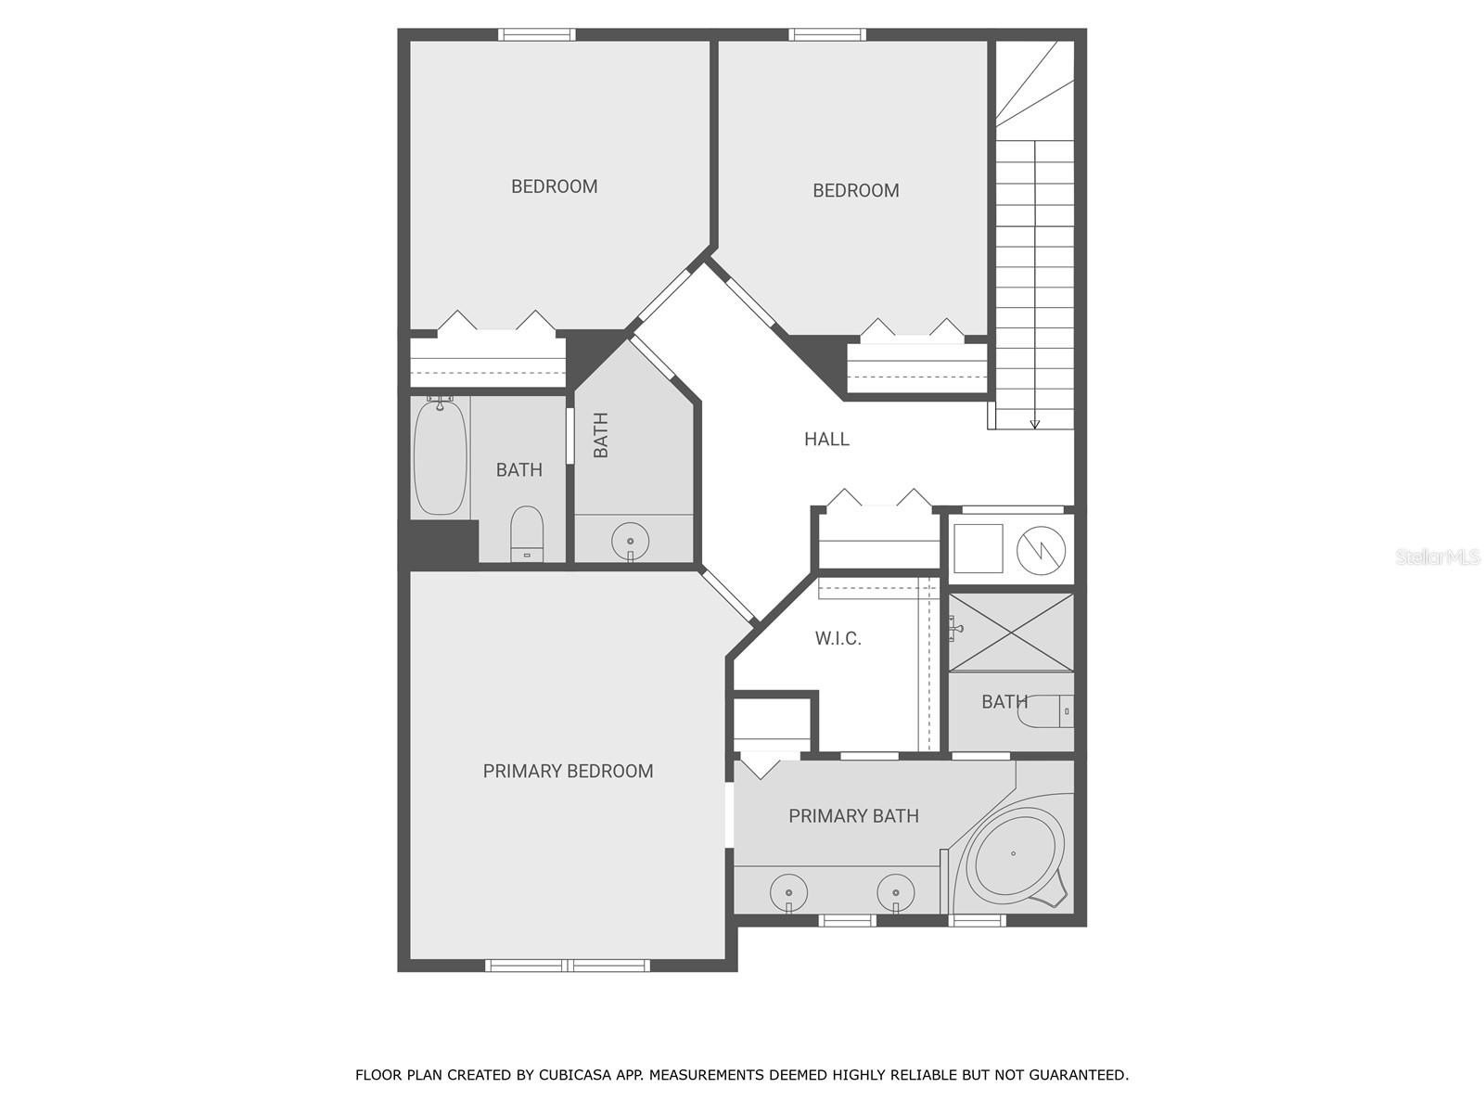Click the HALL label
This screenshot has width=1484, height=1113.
[826, 439]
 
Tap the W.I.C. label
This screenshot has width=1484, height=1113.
[838, 638]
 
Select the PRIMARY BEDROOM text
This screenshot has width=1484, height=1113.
[568, 771]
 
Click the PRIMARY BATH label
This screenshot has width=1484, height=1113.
[853, 816]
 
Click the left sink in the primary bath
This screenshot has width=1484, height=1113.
[788, 892]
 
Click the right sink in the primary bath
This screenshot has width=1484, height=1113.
[896, 892]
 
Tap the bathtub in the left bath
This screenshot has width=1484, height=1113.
[440, 456]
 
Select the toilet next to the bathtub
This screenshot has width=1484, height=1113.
[527, 534]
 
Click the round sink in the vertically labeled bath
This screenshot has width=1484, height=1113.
[631, 540]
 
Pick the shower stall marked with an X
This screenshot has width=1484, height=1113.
[1011, 632]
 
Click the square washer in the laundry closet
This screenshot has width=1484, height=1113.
[979, 548]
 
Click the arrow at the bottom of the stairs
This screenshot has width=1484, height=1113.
[1035, 424]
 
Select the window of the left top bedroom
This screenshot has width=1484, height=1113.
[537, 35]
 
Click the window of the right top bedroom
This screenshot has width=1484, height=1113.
[827, 35]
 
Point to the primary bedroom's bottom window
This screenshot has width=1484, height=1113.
[568, 966]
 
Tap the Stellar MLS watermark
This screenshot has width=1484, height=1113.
[1438, 556]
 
